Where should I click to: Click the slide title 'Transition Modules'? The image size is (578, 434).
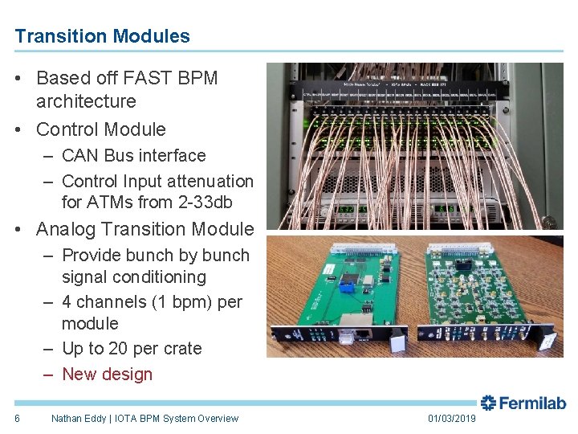[x=102, y=36]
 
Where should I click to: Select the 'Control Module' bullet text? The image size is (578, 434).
[x=101, y=129]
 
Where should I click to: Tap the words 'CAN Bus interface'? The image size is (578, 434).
[x=133, y=155]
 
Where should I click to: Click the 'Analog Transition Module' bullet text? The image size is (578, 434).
[x=144, y=229]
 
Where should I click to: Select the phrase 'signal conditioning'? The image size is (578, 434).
[x=134, y=277]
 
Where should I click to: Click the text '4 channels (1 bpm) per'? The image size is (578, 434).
[x=152, y=302]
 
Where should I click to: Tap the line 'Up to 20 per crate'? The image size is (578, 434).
[x=132, y=349]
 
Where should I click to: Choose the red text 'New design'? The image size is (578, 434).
[x=107, y=374]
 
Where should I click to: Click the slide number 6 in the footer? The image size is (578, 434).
[x=17, y=418]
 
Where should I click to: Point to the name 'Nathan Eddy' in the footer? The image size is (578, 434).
[x=79, y=418]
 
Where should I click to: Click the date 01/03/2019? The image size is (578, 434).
[x=451, y=418]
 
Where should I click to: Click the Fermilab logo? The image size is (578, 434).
[x=523, y=403]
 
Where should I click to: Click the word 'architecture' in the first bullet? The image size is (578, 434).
[x=86, y=101]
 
